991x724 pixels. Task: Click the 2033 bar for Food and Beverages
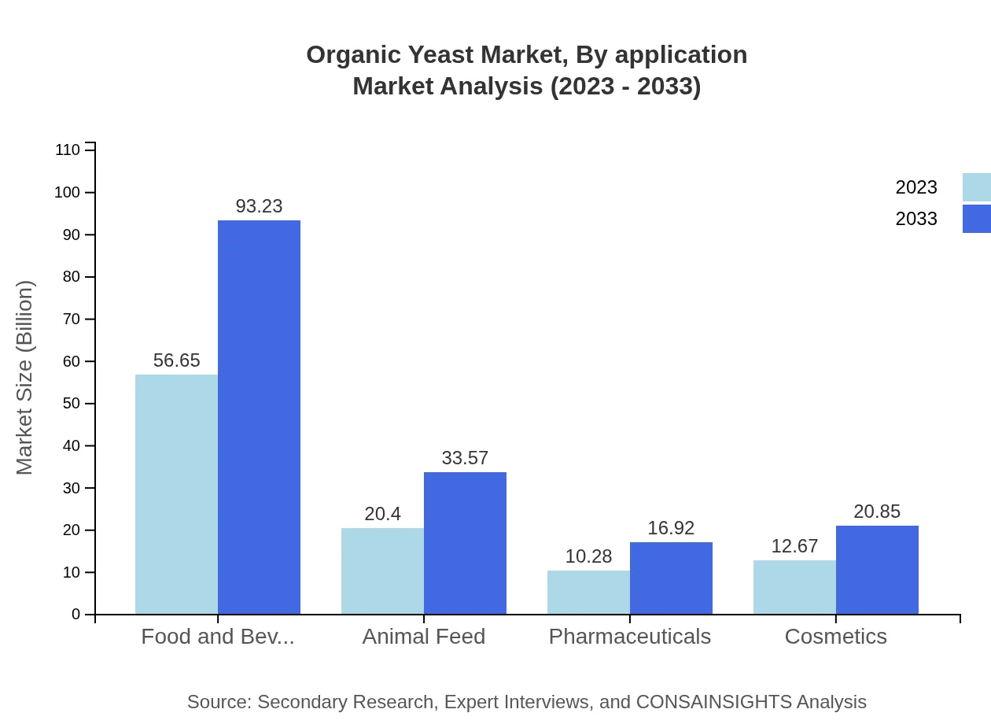(259, 417)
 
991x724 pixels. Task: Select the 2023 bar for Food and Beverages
(176, 494)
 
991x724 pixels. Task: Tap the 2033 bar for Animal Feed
(465, 543)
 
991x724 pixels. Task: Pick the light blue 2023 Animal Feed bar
(382, 571)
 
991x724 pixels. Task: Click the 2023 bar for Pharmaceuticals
(588, 592)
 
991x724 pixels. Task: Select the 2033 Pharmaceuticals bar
(671, 578)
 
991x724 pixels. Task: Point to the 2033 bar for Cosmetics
(877, 570)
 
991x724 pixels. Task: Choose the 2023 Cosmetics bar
(794, 587)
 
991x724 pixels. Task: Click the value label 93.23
(259, 206)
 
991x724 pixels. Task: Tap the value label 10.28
(588, 556)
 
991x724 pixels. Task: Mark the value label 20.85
(877, 512)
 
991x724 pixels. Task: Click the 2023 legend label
(916, 187)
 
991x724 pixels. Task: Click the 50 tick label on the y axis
(71, 404)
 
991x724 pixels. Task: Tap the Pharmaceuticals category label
(629, 636)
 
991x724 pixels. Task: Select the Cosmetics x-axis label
(835, 636)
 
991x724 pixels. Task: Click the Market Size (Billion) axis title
(25, 378)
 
